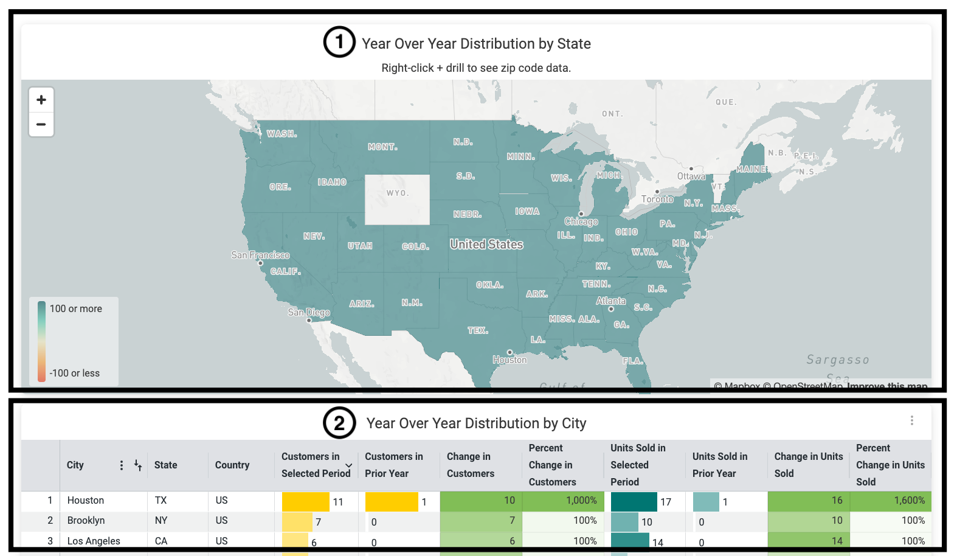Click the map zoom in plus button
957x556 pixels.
pyautogui.click(x=41, y=100)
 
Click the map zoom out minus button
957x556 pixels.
pyautogui.click(x=41, y=125)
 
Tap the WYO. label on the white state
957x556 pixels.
pyautogui.click(x=398, y=193)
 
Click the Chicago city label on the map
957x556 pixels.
pyautogui.click(x=581, y=221)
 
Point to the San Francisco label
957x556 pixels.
pyautogui.click(x=260, y=255)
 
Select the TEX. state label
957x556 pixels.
pyautogui.click(x=478, y=330)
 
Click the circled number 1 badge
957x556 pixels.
pyautogui.click(x=339, y=42)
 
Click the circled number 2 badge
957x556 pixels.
pyautogui.click(x=339, y=423)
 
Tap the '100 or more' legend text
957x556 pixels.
pyautogui.click(x=76, y=309)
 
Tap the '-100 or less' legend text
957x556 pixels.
pyautogui.click(x=75, y=373)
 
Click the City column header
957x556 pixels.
pyautogui.click(x=75, y=465)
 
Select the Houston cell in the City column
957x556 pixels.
pyautogui.click(x=86, y=500)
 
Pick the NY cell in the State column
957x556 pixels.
pyautogui.click(x=161, y=521)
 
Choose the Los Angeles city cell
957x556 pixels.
pyautogui.click(x=94, y=541)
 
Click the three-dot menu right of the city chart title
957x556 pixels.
pyautogui.click(x=911, y=420)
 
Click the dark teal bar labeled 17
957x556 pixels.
pyautogui.click(x=634, y=501)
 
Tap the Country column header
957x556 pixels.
pyautogui.click(x=232, y=465)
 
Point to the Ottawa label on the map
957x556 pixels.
pyautogui.click(x=691, y=176)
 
